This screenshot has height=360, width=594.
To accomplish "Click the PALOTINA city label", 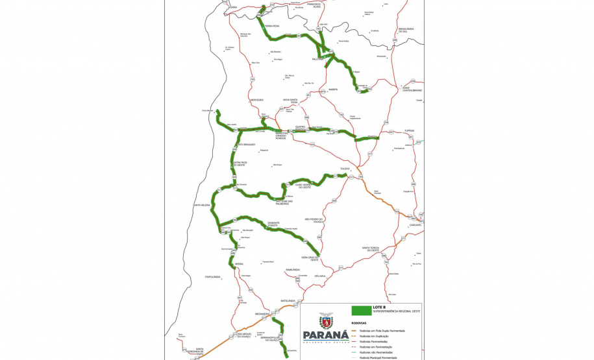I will [317, 59].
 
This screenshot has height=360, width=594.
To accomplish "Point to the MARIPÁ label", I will [333, 89].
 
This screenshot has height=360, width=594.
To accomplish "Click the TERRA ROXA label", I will [271, 26].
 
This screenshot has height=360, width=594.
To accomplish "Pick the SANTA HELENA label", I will [202, 205].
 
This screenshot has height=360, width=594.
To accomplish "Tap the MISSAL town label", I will [239, 264].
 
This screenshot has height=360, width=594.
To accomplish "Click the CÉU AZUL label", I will [319, 276].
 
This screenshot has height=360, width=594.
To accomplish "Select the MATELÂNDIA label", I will [288, 301].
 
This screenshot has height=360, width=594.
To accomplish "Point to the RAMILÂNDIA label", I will [292, 269].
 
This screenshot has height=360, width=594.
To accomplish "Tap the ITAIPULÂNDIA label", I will [213, 277].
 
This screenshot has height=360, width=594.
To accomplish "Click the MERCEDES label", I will [257, 100].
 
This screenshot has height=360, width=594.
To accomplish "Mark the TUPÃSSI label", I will [409, 130].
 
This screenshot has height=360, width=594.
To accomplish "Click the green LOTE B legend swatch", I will [360, 310].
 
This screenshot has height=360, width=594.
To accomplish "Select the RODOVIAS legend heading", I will [359, 322].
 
